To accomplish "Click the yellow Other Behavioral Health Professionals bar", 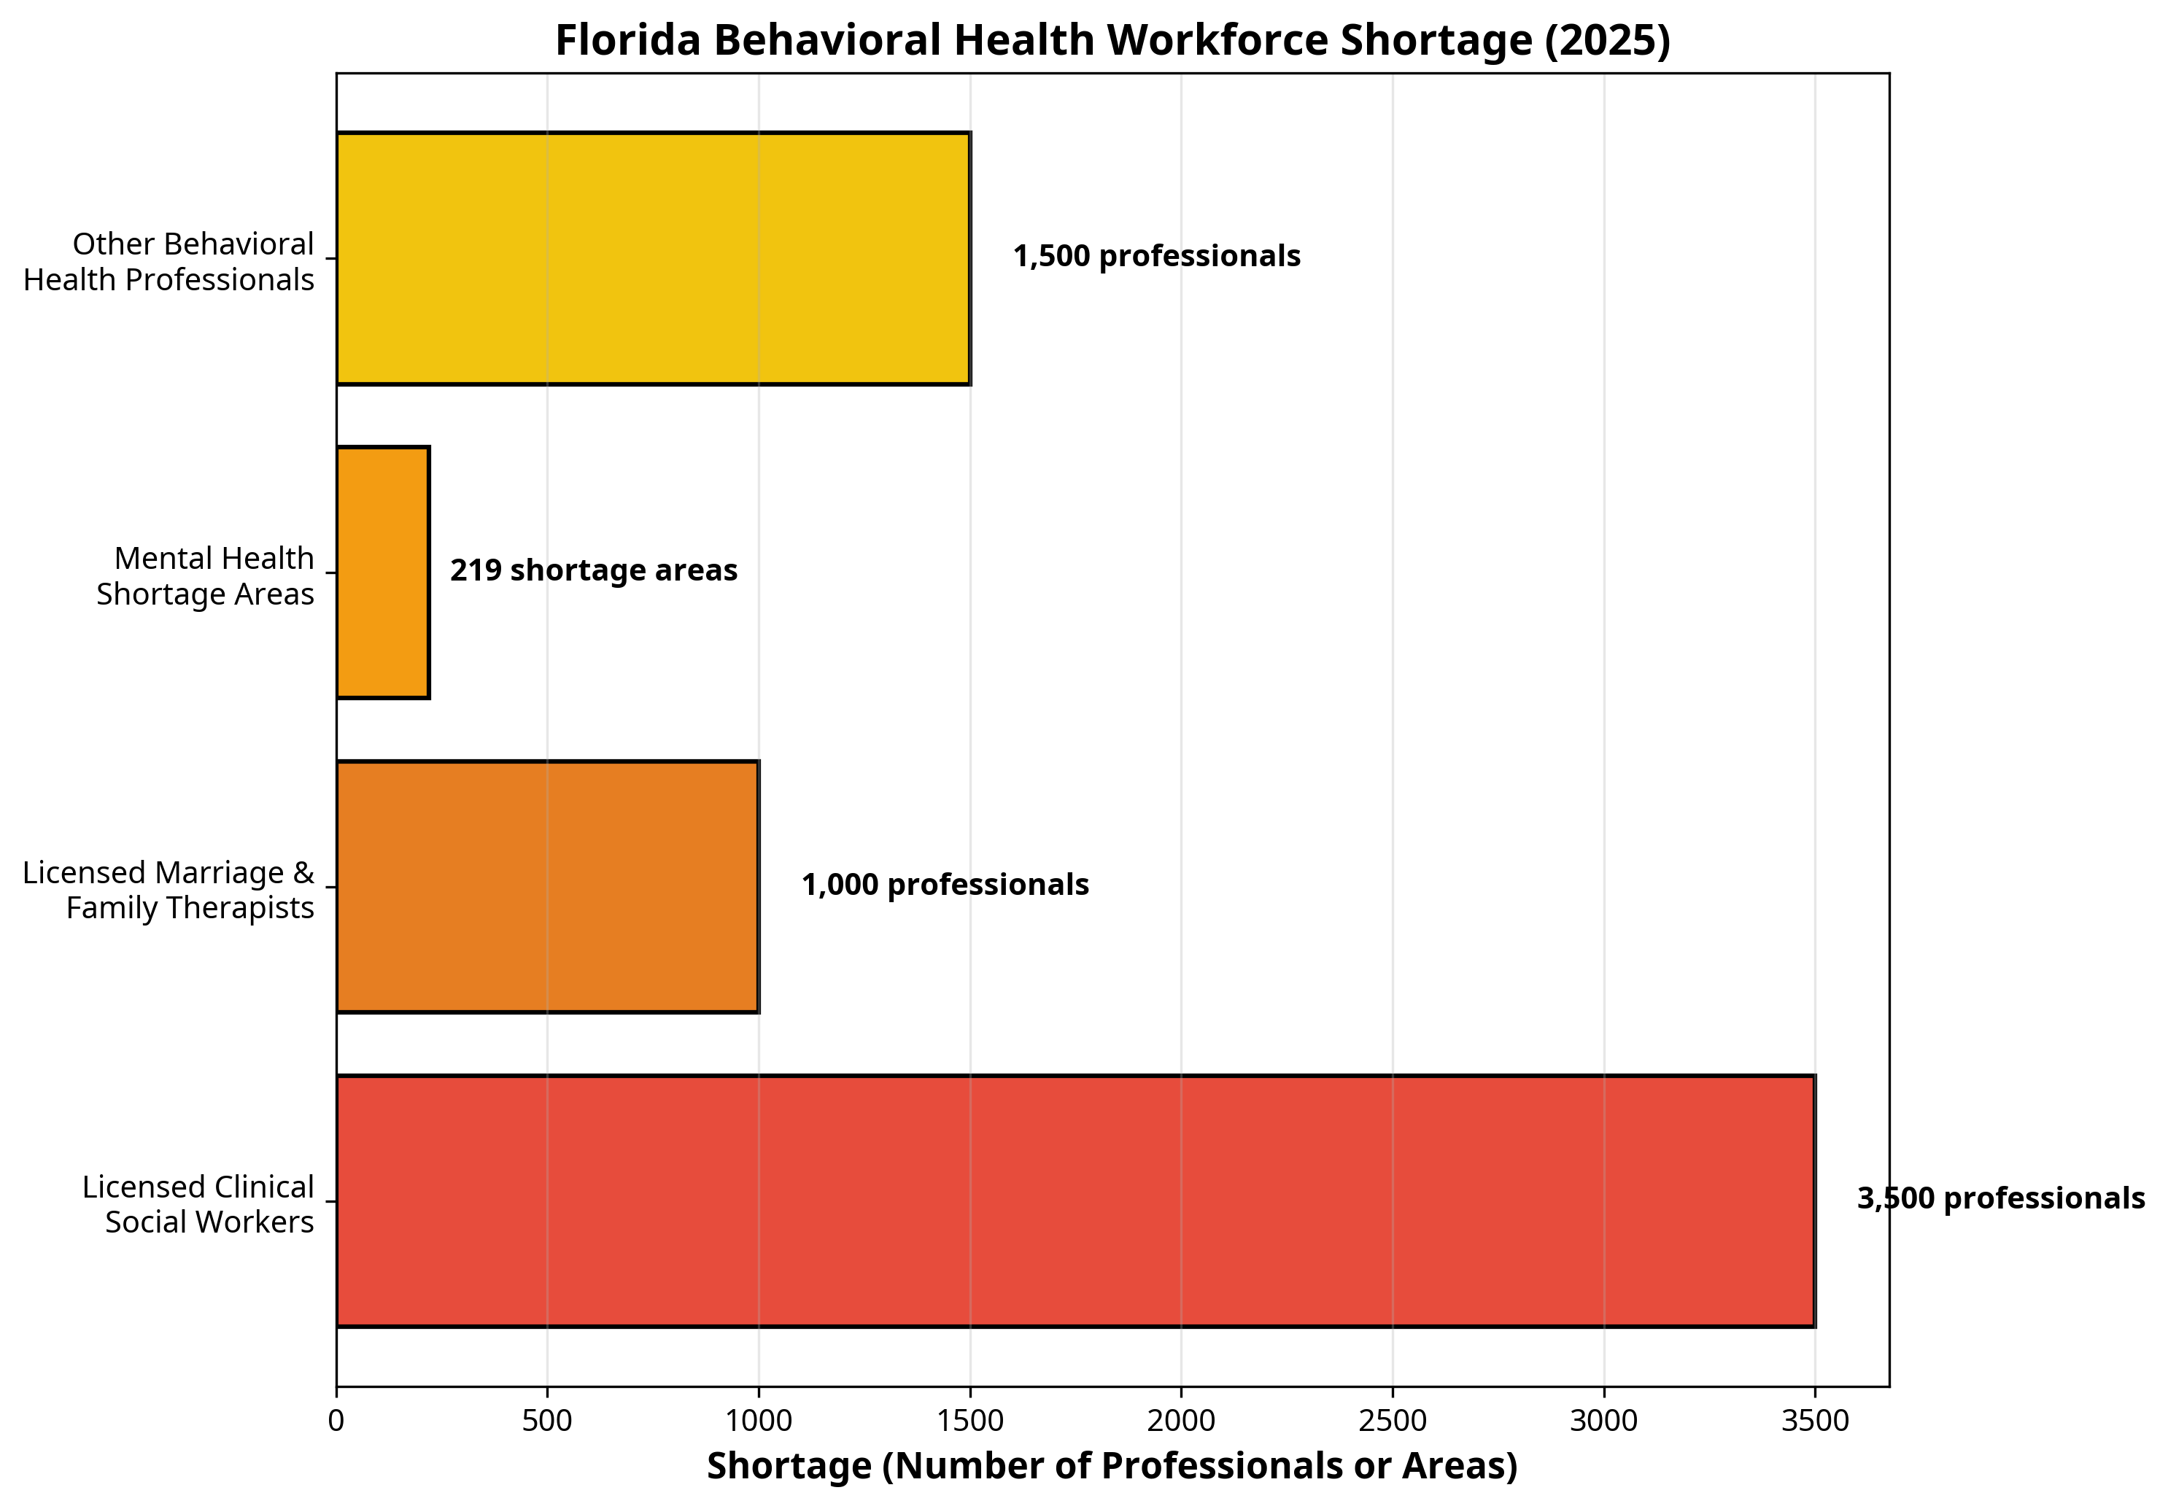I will click(x=652, y=257).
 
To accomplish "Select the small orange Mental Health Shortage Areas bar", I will click(x=382, y=573).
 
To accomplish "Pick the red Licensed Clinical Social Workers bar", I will click(x=1075, y=1200).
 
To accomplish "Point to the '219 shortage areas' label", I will click(x=593, y=570).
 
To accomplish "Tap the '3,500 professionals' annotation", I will click(x=2000, y=1198).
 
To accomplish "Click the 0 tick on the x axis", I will click(x=336, y=1421).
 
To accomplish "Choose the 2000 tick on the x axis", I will click(x=1180, y=1421).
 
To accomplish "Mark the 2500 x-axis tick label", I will click(x=1392, y=1421).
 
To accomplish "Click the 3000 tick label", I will click(x=1603, y=1421).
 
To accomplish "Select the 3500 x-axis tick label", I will click(x=1814, y=1421).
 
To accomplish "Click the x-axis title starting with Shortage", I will click(x=1112, y=1465).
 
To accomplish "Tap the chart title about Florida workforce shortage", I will click(x=1112, y=41).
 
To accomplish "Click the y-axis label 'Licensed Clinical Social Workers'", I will click(x=198, y=1204).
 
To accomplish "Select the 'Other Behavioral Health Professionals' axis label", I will click(x=169, y=262).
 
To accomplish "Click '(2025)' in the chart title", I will click(x=1606, y=41).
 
